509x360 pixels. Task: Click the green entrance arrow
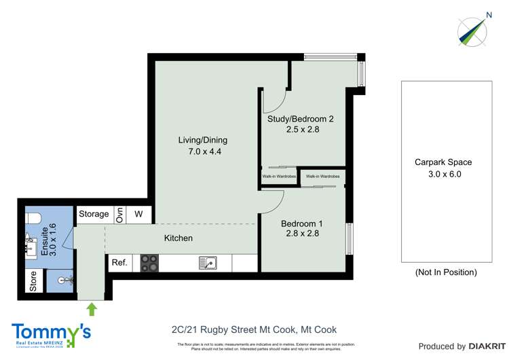[x=92, y=310]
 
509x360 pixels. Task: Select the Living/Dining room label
[x=202, y=140]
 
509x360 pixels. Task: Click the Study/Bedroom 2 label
[x=301, y=119]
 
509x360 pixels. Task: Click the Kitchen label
[x=178, y=238]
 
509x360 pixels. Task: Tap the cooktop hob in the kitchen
[x=149, y=263]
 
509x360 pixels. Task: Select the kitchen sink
[x=208, y=263]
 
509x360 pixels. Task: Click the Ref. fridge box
[x=119, y=263]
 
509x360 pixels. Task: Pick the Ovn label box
[x=119, y=214]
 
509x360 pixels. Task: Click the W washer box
[x=139, y=214]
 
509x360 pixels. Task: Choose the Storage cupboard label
[x=94, y=214]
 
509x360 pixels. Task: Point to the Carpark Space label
[x=443, y=162]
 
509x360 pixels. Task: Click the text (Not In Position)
[x=445, y=272]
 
